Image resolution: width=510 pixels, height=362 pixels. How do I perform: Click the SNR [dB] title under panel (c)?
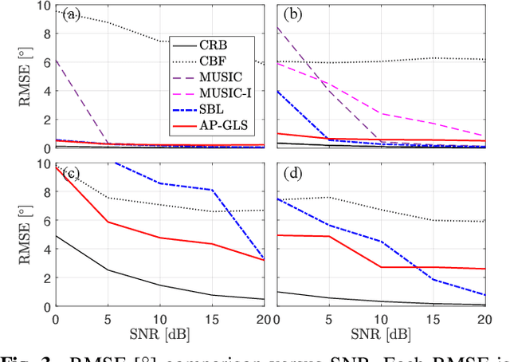(159, 332)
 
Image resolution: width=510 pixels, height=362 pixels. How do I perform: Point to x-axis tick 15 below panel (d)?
(433, 318)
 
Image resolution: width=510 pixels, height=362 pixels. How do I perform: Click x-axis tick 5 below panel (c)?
(107, 318)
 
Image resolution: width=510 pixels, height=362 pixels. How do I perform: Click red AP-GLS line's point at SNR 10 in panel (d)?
(381, 267)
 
